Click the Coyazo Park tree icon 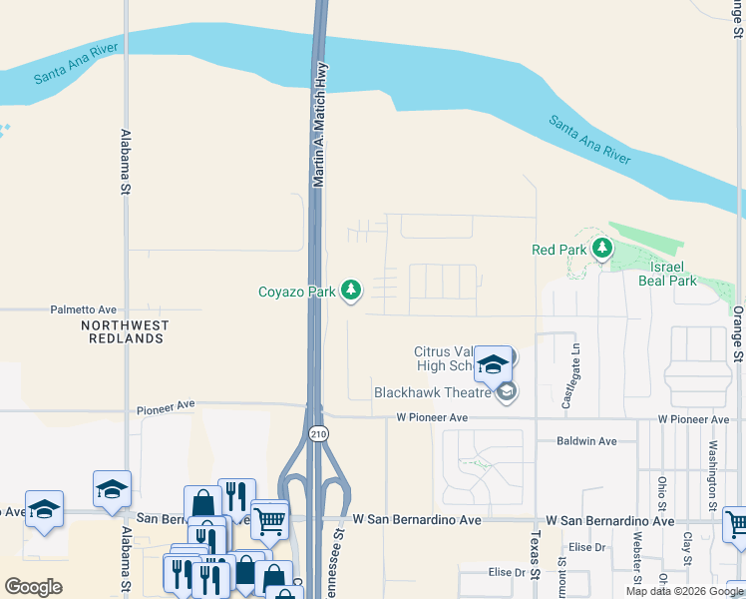click(x=350, y=291)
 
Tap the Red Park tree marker click(x=601, y=249)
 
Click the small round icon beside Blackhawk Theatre click(x=507, y=391)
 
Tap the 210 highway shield click(x=317, y=433)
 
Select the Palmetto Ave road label click(x=84, y=310)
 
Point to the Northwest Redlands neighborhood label click(x=125, y=332)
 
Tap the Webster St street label click(x=637, y=559)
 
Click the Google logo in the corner click(x=33, y=588)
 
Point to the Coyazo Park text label click(x=297, y=292)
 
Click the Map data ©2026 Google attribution click(x=684, y=591)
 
